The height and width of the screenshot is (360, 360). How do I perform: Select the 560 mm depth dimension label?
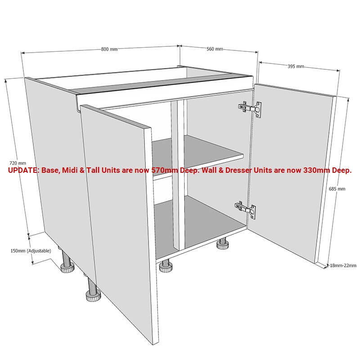215,49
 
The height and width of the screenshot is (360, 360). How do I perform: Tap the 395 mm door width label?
296,67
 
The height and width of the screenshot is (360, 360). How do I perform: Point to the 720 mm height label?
18,163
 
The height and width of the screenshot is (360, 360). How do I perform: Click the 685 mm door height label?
337,189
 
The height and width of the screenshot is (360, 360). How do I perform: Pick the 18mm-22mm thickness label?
343,265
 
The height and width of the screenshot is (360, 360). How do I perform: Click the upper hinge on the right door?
249,108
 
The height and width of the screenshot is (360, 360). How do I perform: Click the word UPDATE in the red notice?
23,171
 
